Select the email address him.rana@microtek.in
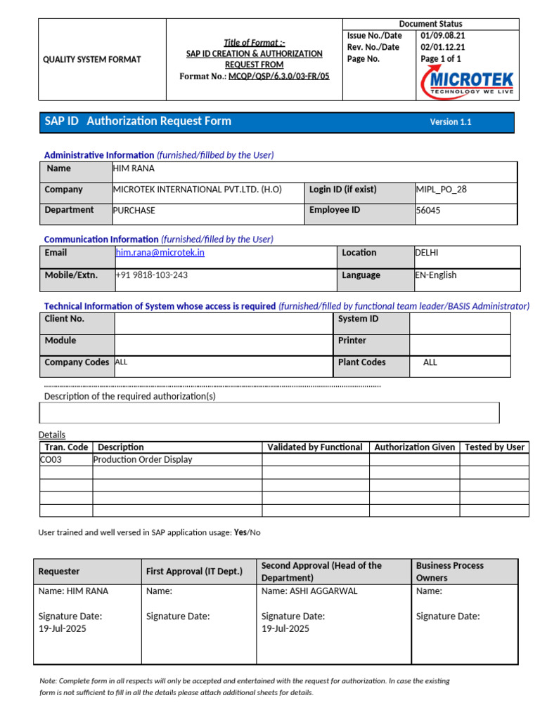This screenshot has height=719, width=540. (x=160, y=253)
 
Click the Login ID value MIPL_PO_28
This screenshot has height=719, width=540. (x=441, y=190)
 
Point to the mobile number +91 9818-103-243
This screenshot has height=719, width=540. (x=152, y=275)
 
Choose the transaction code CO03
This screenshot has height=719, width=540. (x=51, y=460)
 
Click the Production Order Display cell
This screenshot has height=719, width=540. (x=143, y=460)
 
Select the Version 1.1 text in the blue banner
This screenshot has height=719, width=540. (x=451, y=122)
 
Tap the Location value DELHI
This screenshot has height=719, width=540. (x=427, y=253)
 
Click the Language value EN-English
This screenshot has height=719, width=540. (x=436, y=275)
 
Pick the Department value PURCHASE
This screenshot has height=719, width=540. (x=134, y=210)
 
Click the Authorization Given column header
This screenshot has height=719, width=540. (x=414, y=447)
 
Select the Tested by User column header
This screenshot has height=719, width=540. (x=494, y=447)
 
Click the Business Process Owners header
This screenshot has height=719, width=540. (x=449, y=572)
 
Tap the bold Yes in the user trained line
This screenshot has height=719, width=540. (x=240, y=532)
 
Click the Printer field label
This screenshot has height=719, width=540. (x=352, y=341)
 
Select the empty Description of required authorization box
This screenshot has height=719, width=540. (x=271, y=413)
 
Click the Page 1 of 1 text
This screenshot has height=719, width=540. (x=441, y=59)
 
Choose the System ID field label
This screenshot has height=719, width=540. (x=358, y=319)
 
